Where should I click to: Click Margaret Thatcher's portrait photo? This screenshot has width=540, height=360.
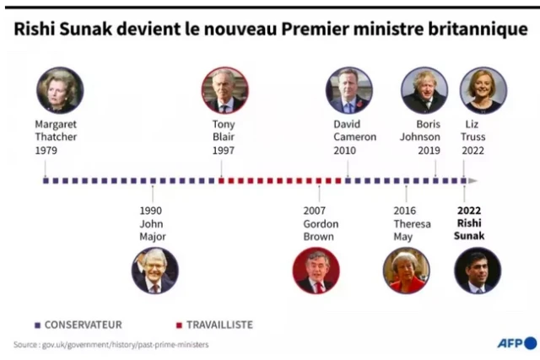[60, 90]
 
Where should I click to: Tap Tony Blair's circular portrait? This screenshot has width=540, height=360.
[224, 90]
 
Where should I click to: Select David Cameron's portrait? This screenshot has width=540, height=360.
[349, 90]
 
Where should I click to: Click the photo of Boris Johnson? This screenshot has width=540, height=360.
[424, 90]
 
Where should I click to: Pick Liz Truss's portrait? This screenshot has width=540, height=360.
[483, 90]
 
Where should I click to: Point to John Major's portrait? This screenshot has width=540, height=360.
[154, 271]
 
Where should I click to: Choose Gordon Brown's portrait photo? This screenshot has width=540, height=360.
[316, 271]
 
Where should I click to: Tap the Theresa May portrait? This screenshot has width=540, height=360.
[407, 271]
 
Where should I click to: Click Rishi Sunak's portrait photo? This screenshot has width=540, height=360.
[478, 271]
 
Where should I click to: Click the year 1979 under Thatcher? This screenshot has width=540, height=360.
[46, 150]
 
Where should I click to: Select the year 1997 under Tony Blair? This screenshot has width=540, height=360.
[223, 150]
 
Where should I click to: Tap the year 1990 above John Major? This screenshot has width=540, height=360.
[151, 211]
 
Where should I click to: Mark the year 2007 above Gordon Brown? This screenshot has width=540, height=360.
[315, 211]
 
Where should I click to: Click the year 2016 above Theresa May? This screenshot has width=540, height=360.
[405, 211]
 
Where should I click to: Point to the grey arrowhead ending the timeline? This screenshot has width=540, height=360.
[473, 180]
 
